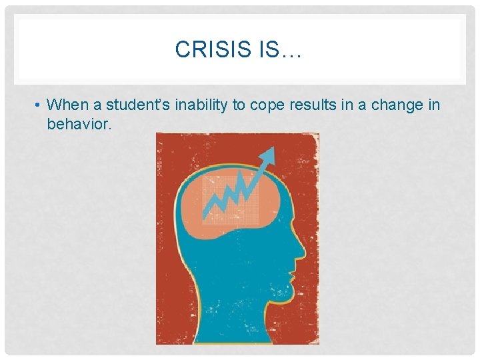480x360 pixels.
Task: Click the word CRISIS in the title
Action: [x=213, y=50]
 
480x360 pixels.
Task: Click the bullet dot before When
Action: [x=39, y=105]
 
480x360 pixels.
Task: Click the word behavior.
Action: [x=79, y=124]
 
